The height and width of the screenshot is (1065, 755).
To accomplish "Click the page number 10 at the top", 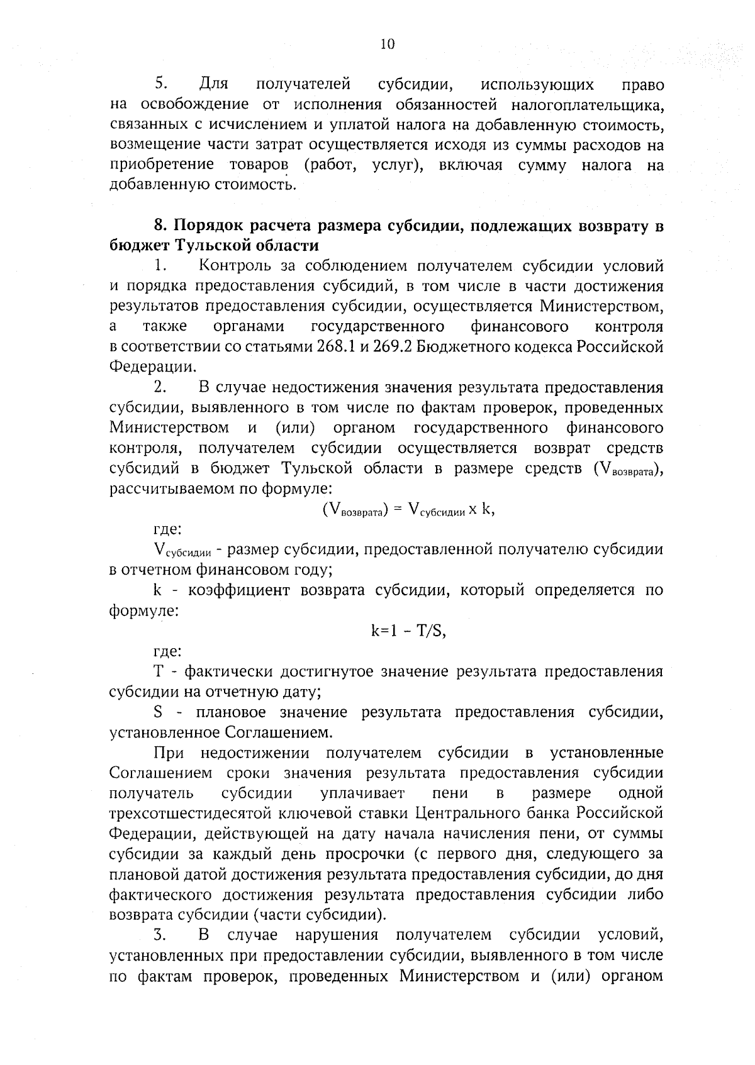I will tap(387, 43).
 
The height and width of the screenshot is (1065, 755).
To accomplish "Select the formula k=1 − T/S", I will tap(408, 631).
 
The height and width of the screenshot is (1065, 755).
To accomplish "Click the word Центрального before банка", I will tap(493, 814).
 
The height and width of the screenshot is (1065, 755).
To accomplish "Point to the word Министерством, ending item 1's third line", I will tap(601, 307).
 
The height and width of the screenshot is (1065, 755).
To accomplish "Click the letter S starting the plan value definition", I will tap(159, 712).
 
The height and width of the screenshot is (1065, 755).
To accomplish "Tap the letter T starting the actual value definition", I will tap(159, 671).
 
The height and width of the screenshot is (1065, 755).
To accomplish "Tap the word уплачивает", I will tap(362, 793).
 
